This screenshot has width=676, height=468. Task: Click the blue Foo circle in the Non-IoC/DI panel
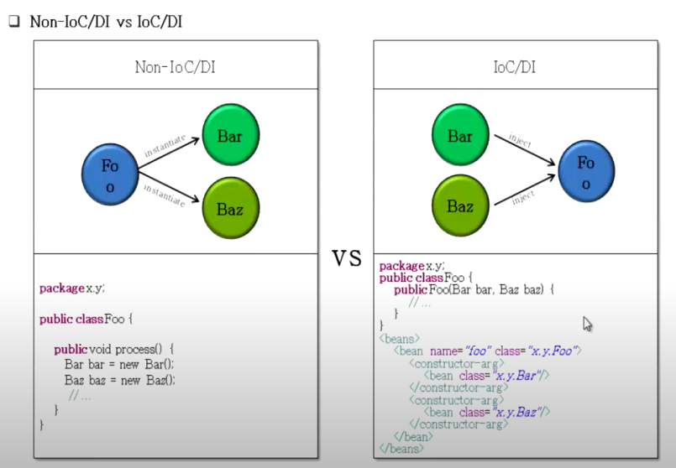click(110, 176)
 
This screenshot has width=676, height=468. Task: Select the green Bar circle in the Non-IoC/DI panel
click(231, 134)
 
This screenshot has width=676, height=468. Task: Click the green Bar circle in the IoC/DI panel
click(460, 135)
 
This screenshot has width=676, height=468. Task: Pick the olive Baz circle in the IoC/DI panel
click(460, 205)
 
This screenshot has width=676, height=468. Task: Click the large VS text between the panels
click(346, 257)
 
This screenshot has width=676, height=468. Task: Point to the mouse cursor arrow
click(587, 323)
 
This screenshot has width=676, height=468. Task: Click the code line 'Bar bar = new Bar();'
click(118, 364)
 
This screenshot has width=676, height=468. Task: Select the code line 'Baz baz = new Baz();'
click(119, 380)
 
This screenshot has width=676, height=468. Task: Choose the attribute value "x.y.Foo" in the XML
click(554, 351)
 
